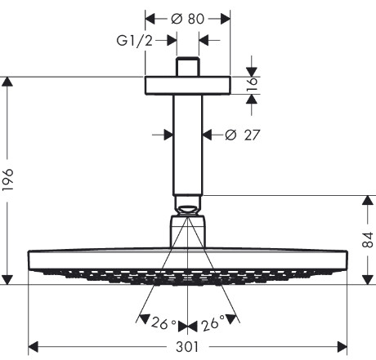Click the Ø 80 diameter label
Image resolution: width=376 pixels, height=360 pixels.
click(187, 19)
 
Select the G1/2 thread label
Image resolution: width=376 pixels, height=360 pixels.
click(134, 41)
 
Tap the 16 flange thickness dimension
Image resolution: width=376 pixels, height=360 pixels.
click(253, 85)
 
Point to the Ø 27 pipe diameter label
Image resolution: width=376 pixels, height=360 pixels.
click(243, 135)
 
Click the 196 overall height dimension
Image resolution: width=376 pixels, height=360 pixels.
click(7, 180)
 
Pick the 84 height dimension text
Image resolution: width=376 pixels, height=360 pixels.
click(368, 240)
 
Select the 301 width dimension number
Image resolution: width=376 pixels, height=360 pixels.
click(187, 347)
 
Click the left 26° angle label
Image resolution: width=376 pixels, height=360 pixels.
click(163, 323)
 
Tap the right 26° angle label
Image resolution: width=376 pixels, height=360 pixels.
click(213, 324)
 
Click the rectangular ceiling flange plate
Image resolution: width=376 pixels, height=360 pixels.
click(188, 86)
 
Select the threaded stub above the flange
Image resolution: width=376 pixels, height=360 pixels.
click(188, 67)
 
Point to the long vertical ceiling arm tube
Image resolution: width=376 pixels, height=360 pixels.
click(188, 145)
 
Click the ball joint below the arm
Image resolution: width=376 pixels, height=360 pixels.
click(187, 210)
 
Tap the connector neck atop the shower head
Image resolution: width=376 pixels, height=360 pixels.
click(188, 231)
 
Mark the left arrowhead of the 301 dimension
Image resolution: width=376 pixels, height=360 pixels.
click(33, 347)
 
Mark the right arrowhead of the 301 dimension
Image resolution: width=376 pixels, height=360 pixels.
click(342, 347)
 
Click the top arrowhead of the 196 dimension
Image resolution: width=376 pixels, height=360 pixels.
click(7, 82)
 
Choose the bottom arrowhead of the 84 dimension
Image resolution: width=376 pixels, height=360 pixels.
click(368, 280)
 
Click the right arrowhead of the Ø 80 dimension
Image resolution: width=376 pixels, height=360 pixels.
click(226, 19)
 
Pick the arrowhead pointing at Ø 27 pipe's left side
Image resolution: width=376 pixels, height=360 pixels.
click(168, 135)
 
